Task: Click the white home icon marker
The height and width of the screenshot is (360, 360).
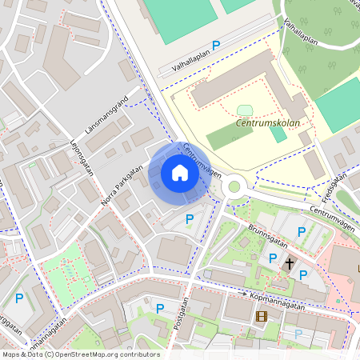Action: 180,173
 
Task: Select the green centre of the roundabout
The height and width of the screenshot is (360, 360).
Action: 234,187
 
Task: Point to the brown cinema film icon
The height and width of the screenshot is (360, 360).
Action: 261,316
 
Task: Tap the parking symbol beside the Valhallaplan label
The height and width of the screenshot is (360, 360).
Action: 215,46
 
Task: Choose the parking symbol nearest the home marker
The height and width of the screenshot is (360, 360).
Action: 190,219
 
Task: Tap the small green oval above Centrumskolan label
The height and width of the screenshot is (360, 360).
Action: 245,110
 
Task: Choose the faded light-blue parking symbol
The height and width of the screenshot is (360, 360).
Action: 298,334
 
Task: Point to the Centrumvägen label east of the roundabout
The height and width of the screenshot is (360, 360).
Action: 330,214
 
